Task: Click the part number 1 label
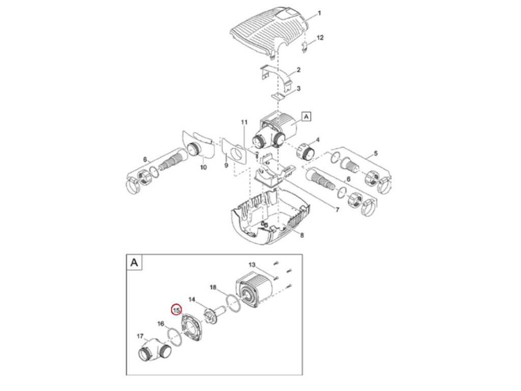point(320,13)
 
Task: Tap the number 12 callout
point(320,38)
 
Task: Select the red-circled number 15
point(177,310)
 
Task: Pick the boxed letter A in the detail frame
point(134,262)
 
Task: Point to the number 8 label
point(302,235)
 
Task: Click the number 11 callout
point(244,122)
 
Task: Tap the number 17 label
point(140,336)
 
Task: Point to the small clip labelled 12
point(305,48)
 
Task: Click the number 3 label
point(299,89)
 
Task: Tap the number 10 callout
point(203,167)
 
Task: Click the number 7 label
point(336,209)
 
